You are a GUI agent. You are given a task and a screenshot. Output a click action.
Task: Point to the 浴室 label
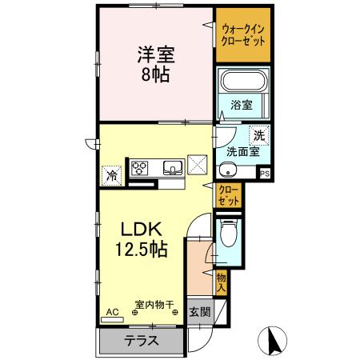point(242,105)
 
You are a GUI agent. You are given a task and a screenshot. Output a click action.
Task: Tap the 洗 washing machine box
point(258,136)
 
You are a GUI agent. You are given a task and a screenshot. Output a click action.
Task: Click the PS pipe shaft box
point(264,172)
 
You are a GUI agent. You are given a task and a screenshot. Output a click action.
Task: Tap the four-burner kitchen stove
point(140,167)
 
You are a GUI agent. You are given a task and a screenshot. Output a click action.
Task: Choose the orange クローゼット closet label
point(229,194)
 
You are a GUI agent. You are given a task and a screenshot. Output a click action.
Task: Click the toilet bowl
point(230,234)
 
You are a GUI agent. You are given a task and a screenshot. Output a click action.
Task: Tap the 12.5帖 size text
point(136,250)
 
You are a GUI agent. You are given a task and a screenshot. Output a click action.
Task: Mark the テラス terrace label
point(140,341)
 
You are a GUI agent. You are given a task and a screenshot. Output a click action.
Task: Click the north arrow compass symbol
point(274,341)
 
